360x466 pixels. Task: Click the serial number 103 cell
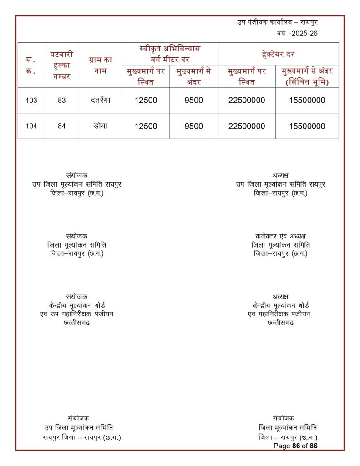tap(31, 101)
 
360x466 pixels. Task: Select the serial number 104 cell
tap(31, 127)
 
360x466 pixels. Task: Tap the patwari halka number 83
tap(62, 101)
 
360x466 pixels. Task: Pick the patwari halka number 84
tap(62, 127)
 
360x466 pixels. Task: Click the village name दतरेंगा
tap(101, 100)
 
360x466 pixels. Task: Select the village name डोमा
tap(101, 126)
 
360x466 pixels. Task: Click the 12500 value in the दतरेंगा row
tap(146, 101)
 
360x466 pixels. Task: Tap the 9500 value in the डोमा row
tap(194, 127)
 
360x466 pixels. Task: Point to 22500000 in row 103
tap(247, 101)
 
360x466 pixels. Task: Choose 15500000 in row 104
tap(307, 127)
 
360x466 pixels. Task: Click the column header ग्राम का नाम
tap(101, 65)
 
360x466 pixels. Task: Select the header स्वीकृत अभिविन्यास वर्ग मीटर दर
tap(170, 54)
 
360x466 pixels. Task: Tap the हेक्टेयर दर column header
tap(278, 54)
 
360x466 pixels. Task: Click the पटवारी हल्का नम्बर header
tap(62, 65)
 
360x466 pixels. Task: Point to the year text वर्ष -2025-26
tap(297, 34)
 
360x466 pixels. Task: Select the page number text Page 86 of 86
tap(295, 446)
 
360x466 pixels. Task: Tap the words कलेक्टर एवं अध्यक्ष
tap(280, 236)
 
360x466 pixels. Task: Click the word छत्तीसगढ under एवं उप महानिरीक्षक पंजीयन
tap(76, 323)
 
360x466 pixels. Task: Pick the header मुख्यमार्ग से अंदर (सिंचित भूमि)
tap(307, 76)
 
